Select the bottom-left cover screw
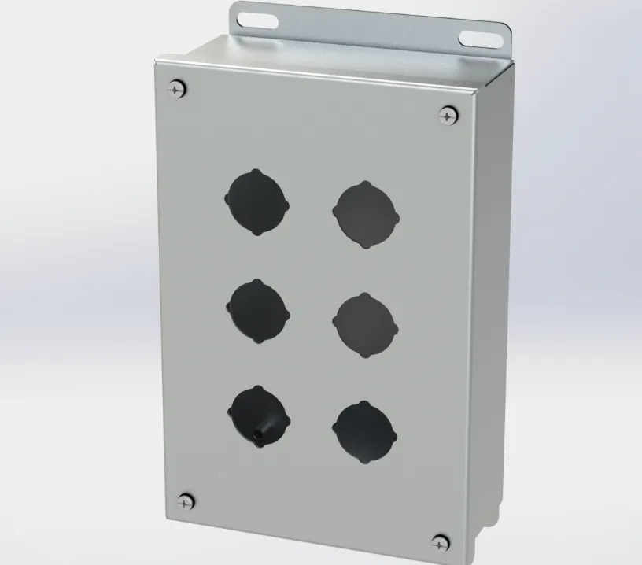pyautogui.click(x=186, y=500)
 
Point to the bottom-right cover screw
pyautogui.click(x=441, y=541)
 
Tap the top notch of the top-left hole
pyautogui.click(x=256, y=170)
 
